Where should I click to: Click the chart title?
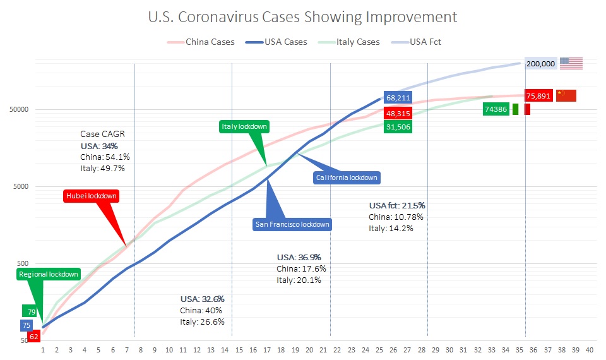(302, 16)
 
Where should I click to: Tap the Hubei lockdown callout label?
(92, 196)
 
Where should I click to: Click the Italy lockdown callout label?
(244, 126)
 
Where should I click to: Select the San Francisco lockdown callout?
(292, 224)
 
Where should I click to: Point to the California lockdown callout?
(347, 177)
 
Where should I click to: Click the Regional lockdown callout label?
(49, 274)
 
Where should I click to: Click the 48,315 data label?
(398, 113)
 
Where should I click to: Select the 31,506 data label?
(398, 126)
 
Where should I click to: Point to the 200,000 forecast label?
(540, 63)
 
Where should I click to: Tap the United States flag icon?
(571, 63)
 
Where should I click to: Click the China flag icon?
(566, 96)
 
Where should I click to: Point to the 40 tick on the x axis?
(590, 349)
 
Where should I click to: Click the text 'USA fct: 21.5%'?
(396, 205)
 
